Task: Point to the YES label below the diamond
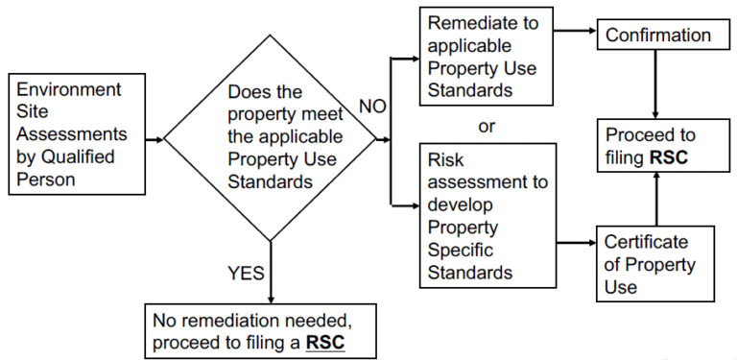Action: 246,273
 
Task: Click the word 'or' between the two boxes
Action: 486,126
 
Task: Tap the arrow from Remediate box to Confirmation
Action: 576,31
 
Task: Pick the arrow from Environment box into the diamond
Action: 152,141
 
